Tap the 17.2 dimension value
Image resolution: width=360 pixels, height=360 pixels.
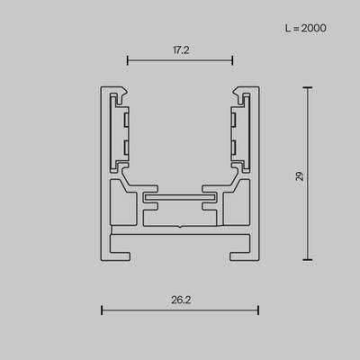(179, 51)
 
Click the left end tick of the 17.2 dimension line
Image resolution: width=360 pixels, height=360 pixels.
(127, 61)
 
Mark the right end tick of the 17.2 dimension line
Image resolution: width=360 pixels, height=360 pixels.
(232, 61)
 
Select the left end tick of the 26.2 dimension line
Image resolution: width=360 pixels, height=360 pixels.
(102, 311)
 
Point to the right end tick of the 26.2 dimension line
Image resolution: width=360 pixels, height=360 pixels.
(258, 311)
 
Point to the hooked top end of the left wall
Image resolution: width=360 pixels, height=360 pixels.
(116, 93)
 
